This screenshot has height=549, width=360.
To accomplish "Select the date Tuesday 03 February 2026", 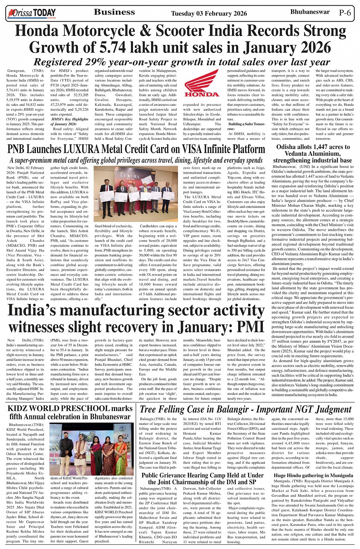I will point(209,14).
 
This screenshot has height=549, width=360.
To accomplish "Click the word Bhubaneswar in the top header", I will point(309,12).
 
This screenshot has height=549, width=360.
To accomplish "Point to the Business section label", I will point(114,12).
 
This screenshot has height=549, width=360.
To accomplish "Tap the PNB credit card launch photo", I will point(135,194).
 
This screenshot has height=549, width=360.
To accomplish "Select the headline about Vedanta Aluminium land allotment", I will point(313,153).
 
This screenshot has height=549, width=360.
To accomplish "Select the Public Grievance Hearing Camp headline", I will point(202,479).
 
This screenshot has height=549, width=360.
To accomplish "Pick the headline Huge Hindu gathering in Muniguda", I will point(313,476).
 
